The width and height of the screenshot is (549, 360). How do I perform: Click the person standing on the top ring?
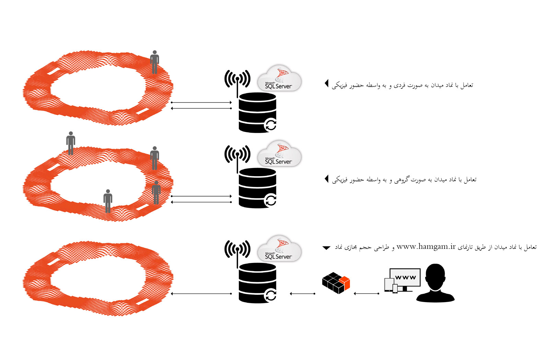pyautogui.click(x=154, y=62)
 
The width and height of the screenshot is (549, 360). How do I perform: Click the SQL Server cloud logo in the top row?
pyautogui.click(x=279, y=79)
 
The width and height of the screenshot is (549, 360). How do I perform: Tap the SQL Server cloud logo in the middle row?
pyautogui.click(x=279, y=154)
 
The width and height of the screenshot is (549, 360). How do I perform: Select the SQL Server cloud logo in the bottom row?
pyautogui.click(x=279, y=249)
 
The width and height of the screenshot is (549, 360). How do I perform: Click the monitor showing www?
pyautogui.click(x=405, y=278)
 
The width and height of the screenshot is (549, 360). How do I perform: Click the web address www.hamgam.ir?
pyautogui.click(x=426, y=247)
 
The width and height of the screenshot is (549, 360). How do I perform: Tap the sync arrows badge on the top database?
pyautogui.click(x=270, y=125)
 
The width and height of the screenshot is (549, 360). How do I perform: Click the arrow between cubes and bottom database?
pyautogui.click(x=302, y=293)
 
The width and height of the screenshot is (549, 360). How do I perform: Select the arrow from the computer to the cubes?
pyautogui.click(x=366, y=293)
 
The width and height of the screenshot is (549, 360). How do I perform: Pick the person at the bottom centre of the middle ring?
pyautogui.click(x=108, y=201)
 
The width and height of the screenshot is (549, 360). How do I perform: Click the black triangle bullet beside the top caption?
pyautogui.click(x=327, y=83)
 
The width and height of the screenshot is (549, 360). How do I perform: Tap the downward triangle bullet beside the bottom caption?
pyautogui.click(x=326, y=248)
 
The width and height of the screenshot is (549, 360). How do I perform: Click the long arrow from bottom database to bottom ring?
pyautogui.click(x=201, y=293)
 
